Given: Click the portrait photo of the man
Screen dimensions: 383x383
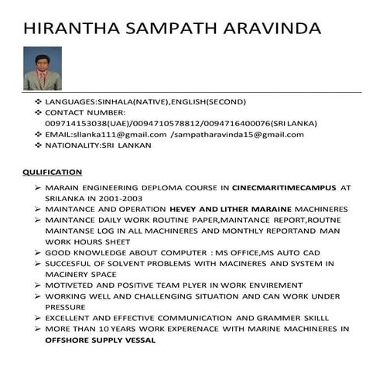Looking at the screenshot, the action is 43,68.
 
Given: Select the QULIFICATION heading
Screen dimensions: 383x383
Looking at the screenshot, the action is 52,171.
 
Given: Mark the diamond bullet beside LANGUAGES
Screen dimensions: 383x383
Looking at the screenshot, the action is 37,101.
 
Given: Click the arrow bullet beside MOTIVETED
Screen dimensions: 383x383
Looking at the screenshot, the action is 37,285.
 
